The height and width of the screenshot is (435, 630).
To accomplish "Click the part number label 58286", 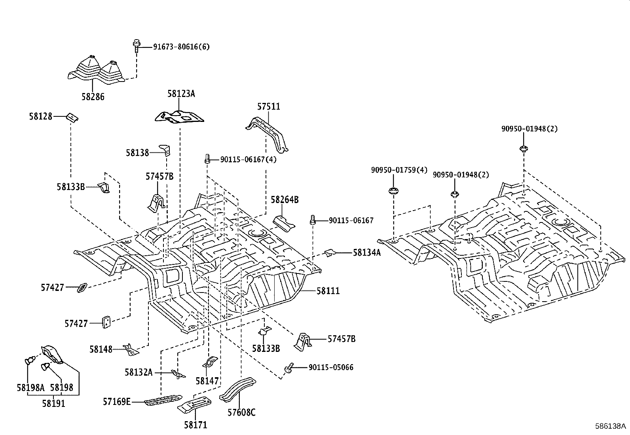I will (x=93, y=97).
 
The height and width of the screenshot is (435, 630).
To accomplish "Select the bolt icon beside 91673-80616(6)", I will (x=136, y=46).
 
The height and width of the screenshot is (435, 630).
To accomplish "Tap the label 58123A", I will (x=181, y=94).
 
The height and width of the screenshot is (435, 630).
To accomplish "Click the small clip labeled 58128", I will (x=72, y=117).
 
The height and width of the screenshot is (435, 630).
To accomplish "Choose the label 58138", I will (x=137, y=152).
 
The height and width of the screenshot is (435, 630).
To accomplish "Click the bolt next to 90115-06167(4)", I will (x=207, y=159).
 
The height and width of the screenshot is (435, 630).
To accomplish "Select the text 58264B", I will (x=285, y=200).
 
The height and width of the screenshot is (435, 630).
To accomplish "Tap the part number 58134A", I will (x=366, y=252).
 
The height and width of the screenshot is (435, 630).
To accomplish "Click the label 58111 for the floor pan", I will (x=328, y=291).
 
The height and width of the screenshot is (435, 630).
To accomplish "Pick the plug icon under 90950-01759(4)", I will (x=393, y=192).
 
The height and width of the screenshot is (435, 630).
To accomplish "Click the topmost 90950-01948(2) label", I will (x=529, y=129).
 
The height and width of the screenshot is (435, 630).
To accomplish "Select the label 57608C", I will (x=241, y=413).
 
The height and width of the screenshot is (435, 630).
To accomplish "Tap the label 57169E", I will (x=117, y=402).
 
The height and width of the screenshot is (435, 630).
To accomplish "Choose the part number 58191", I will (x=54, y=403).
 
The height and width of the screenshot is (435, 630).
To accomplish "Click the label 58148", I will (x=101, y=349).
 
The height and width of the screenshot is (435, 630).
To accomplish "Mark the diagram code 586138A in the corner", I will (x=611, y=426).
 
